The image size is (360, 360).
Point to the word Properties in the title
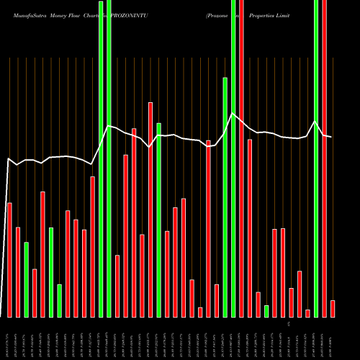click(262, 14)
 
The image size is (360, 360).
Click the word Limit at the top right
click(284, 14)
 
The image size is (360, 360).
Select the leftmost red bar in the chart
click(9, 259)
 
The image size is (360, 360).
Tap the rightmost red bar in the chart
click(333, 308)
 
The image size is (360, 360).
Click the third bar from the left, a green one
click(26, 279)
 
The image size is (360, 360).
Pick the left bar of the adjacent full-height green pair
click(101, 158)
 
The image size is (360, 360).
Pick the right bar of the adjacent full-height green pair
click(109, 158)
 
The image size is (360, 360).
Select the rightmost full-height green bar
click(316, 158)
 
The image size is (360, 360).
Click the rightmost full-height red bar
click(324, 158)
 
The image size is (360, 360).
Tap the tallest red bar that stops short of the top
click(150, 209)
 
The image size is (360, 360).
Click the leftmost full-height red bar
click(241, 158)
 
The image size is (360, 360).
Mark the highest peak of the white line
click(233, 113)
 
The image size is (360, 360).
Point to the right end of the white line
click(332, 136)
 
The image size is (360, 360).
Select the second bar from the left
click(18, 271)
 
